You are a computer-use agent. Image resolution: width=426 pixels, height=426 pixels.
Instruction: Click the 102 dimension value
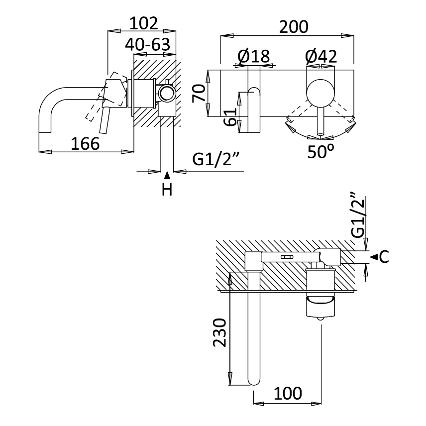pyautogui.click(x=143, y=23)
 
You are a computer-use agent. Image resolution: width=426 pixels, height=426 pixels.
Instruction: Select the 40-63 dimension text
pyautogui.click(x=150, y=45)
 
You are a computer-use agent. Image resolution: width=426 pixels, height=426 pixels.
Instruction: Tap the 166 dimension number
pyautogui.click(x=85, y=143)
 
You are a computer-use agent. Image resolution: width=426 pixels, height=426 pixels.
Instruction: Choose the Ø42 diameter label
pyautogui.click(x=321, y=56)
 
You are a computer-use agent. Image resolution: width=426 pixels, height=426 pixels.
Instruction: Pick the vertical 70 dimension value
pyautogui.click(x=199, y=93)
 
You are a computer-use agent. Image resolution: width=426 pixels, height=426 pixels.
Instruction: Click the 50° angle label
pyautogui.click(x=320, y=151)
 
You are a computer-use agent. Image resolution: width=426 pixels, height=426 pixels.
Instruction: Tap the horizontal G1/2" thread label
pyautogui.click(x=216, y=160)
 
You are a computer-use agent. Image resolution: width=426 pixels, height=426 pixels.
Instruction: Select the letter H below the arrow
pyautogui.click(x=167, y=190)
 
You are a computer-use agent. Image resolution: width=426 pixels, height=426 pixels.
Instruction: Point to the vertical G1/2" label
pyautogui.click(x=358, y=215)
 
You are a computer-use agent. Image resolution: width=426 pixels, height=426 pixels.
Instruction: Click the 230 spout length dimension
pyautogui.click(x=220, y=333)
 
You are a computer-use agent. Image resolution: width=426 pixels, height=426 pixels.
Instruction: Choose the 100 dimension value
pyautogui.click(x=288, y=393)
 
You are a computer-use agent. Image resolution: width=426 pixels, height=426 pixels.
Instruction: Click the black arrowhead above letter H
pyautogui.click(x=167, y=175)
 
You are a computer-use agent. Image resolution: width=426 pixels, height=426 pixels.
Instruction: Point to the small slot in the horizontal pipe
pyautogui.click(x=287, y=257)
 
